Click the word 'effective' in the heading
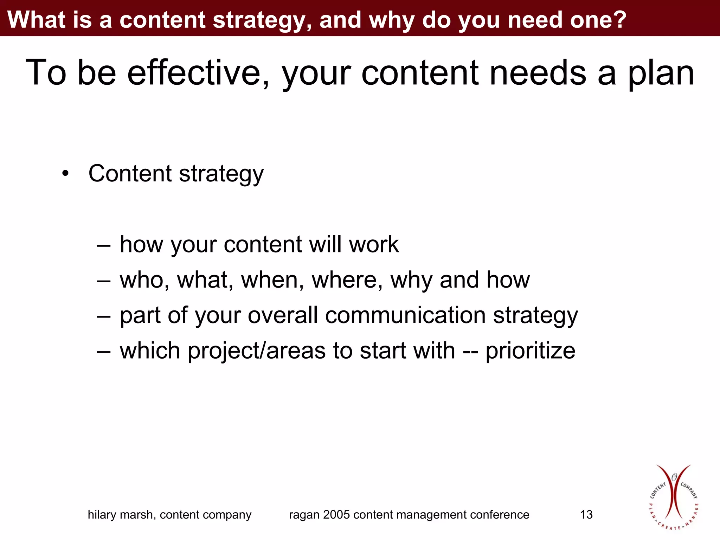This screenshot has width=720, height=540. [x=198, y=72]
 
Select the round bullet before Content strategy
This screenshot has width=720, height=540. [x=65, y=173]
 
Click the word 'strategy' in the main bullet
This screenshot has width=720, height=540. [x=221, y=174]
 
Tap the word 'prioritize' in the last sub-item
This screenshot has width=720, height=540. [x=530, y=351]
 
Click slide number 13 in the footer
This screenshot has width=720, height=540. [x=586, y=515]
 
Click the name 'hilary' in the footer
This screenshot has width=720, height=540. [x=102, y=515]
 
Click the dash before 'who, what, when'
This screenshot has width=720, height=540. [x=104, y=280]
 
